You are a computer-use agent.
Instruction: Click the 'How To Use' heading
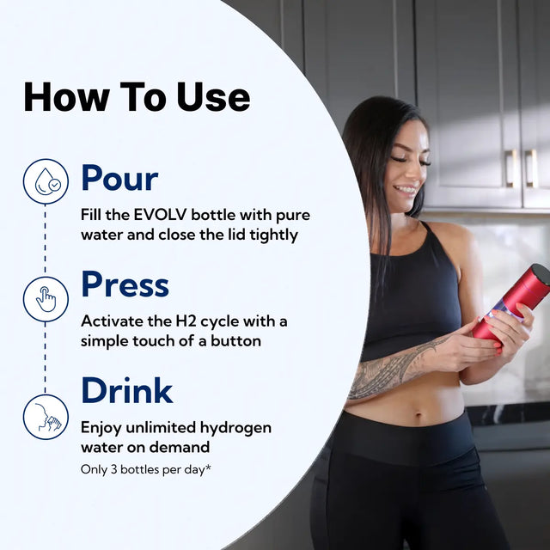click(137, 96)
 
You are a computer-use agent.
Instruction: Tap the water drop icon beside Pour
click(46, 181)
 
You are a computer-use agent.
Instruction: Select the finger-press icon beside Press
click(46, 299)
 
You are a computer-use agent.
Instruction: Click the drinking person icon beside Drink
click(46, 416)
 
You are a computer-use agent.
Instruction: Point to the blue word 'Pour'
click(119, 178)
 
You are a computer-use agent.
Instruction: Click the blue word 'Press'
click(125, 284)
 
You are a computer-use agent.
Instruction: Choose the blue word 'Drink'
click(126, 391)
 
